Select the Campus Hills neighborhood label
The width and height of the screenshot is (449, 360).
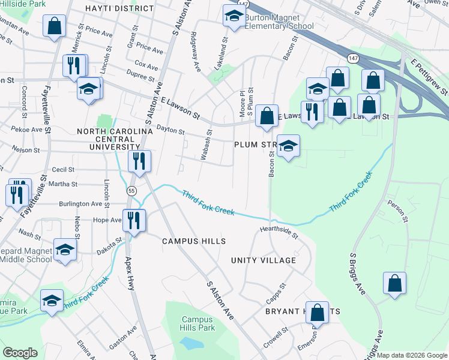[x=194, y=241]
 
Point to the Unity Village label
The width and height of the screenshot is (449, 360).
[x=264, y=260]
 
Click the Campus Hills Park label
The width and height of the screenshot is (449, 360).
[x=198, y=324]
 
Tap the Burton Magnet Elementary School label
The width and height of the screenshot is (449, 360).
[x=279, y=22]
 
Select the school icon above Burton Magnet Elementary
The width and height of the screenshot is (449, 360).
[x=234, y=17]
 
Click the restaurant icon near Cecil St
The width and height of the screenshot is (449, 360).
[x=139, y=161]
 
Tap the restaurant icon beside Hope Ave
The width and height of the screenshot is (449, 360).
[x=134, y=220]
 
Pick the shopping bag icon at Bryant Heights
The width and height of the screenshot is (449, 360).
[x=317, y=313]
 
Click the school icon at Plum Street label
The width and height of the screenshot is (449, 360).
[x=288, y=146]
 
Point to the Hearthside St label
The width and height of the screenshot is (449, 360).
[x=279, y=232]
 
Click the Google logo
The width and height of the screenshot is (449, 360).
[x=20, y=353]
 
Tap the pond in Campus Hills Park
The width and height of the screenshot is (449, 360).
[x=190, y=344]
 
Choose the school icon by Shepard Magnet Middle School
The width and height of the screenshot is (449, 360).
[x=65, y=250]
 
